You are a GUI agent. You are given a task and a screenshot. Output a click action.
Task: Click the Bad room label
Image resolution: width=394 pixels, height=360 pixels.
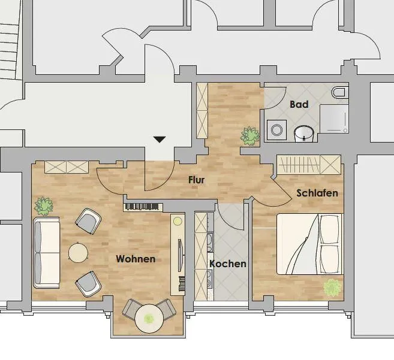click(299, 104)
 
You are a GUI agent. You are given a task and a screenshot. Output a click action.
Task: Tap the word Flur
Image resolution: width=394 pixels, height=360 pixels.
click(197, 180)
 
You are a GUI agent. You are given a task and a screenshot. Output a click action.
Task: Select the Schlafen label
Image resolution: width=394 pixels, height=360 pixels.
click(317, 193)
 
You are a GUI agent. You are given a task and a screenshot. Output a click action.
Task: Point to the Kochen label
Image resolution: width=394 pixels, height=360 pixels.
click(228, 264)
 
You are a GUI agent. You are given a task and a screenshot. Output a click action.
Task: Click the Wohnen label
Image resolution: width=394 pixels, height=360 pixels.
click(136, 259)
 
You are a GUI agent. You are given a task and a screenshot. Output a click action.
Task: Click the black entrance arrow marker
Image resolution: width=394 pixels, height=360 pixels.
click(160, 140)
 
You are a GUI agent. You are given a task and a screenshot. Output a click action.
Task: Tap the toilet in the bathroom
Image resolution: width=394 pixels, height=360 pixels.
click(340, 92)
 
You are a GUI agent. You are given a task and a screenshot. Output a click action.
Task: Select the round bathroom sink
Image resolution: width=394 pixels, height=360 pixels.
click(304, 134)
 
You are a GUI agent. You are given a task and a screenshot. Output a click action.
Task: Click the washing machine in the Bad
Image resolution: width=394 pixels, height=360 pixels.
click(276, 130)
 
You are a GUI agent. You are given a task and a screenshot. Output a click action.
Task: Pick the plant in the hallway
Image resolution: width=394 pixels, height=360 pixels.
click(250, 136)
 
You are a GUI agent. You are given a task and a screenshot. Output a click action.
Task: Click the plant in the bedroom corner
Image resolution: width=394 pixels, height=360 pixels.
click(333, 288)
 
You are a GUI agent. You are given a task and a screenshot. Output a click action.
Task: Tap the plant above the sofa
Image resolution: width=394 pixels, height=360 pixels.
click(44, 207)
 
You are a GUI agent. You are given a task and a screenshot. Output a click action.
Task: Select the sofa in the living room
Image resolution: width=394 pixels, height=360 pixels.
click(47, 253)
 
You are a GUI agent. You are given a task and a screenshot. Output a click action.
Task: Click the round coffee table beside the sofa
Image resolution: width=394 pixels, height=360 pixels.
click(78, 253)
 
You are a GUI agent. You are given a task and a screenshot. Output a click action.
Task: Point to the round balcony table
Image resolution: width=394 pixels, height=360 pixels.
click(149, 319)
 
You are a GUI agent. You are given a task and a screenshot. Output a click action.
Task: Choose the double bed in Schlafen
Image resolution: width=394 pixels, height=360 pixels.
click(309, 244)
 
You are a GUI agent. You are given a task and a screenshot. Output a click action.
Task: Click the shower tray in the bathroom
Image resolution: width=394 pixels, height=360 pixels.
click(334, 119)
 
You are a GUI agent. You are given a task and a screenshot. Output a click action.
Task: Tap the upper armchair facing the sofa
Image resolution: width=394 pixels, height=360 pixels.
click(88, 221)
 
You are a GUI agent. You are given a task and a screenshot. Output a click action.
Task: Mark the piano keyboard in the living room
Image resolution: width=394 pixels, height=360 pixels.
click(142, 207)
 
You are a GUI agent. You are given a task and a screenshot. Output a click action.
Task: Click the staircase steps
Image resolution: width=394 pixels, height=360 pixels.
click(9, 52)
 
